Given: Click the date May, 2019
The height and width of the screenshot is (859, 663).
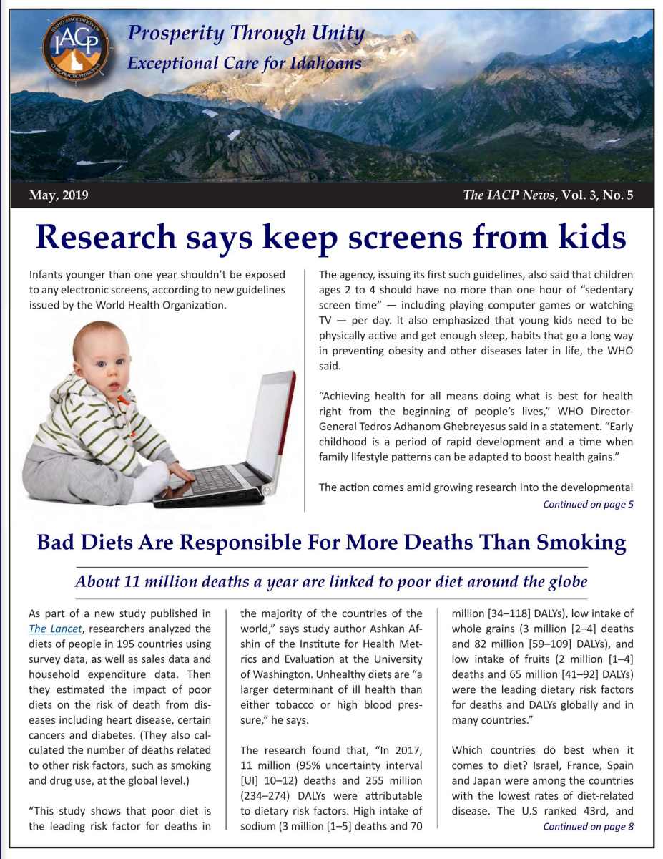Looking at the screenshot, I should [x=59, y=195].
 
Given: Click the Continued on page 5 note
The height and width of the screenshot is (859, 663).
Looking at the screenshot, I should [x=588, y=505].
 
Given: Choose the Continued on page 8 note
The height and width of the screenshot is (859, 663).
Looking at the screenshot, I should [x=588, y=827].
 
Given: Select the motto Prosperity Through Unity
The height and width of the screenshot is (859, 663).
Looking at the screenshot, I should [x=245, y=33].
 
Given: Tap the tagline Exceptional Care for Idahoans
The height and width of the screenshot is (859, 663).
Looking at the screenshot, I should [x=244, y=64].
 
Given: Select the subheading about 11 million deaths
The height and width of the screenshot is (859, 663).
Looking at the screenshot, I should [x=330, y=581].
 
